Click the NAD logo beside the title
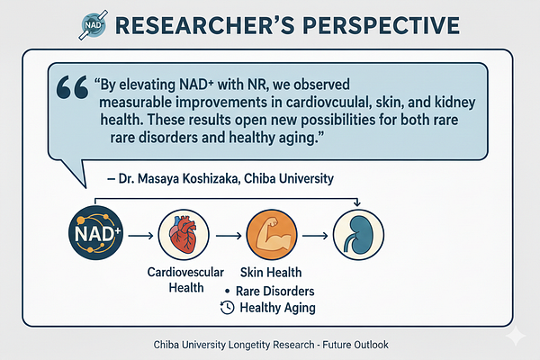94,25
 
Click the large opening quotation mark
72,87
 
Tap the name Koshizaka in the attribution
211,178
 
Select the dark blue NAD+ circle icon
95,233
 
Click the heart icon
184,235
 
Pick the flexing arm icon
272,235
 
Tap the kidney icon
358,235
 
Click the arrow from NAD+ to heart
140,236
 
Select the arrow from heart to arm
229,236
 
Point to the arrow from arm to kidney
315,236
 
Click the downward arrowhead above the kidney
357,203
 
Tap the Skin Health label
271,272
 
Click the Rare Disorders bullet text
274,291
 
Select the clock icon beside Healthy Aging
228,308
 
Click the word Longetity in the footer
249,345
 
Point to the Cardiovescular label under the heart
185,272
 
